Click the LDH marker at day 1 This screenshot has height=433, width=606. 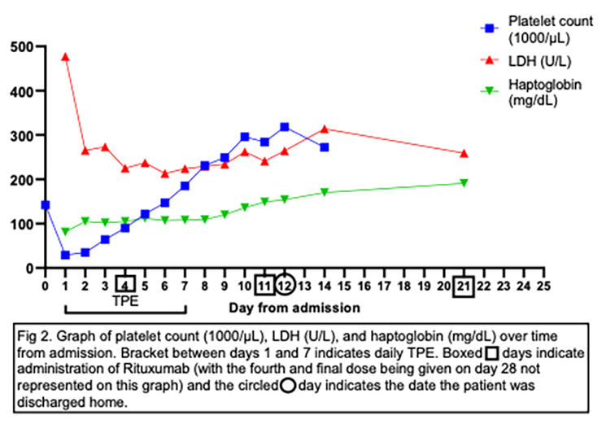[65, 57]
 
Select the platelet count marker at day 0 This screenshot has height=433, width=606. [46, 205]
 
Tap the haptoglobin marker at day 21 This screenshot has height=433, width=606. [464, 183]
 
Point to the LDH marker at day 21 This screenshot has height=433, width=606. [464, 153]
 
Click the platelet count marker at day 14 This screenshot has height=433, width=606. [325, 147]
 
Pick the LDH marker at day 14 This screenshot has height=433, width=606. [325, 129]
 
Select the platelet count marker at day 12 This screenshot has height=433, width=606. [285, 127]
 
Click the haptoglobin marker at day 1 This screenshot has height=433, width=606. [65, 231]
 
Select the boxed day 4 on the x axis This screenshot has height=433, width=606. [125, 286]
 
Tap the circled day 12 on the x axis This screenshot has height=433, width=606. [285, 286]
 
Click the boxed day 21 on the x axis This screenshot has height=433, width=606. [464, 286]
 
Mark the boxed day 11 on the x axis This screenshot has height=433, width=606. [264, 286]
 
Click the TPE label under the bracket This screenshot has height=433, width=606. [125, 299]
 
